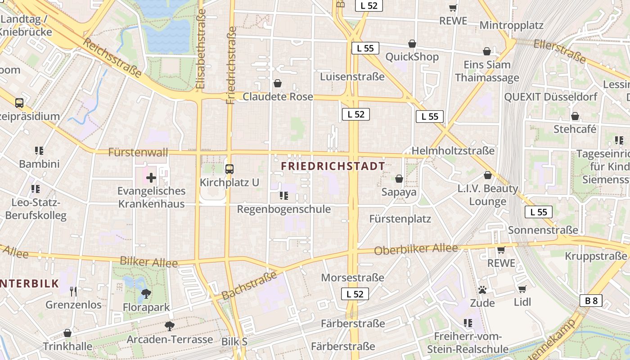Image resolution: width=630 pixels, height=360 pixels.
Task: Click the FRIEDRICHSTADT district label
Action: (x=333, y=166)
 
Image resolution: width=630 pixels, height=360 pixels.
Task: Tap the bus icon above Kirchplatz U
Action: (x=229, y=169)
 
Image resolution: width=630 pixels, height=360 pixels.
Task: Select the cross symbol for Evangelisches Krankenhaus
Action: (x=151, y=178)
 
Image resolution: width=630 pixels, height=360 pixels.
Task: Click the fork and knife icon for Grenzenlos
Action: (x=73, y=292)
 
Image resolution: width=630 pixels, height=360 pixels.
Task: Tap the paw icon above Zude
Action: (x=482, y=289)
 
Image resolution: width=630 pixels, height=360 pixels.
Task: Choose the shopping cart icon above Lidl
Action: (x=522, y=289)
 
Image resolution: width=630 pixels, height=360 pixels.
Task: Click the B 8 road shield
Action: (x=591, y=301)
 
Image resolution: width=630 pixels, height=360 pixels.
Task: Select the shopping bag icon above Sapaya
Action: (x=399, y=179)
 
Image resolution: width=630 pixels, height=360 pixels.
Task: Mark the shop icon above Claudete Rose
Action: (x=278, y=83)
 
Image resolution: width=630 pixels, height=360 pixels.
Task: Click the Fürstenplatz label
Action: (x=400, y=219)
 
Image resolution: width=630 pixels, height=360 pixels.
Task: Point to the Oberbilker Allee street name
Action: (x=416, y=249)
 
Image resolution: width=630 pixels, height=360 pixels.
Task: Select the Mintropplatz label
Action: (x=511, y=25)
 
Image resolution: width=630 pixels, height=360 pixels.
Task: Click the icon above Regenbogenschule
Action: (x=283, y=195)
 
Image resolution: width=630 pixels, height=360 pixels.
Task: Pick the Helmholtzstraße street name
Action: (x=453, y=151)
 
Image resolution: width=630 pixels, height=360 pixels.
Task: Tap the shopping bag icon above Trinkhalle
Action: (x=67, y=333)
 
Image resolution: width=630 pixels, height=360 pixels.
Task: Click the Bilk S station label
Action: (x=234, y=342)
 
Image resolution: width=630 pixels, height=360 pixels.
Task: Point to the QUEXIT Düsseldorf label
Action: (x=551, y=97)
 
